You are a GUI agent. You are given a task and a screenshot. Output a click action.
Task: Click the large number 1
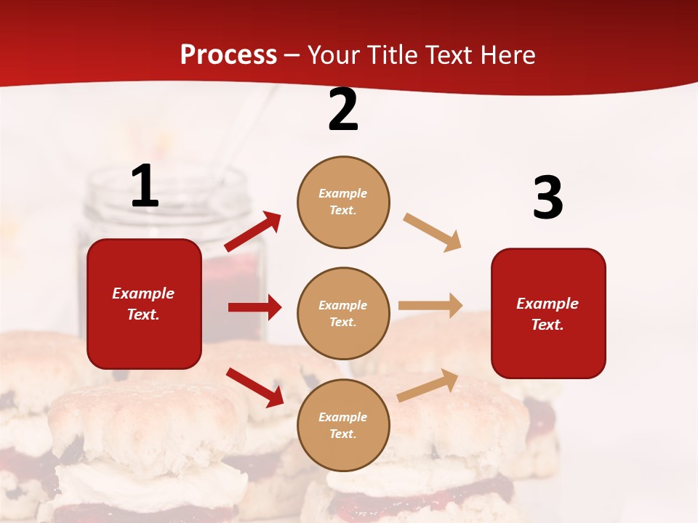(145, 187)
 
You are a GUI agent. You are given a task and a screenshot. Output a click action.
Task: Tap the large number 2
(343, 110)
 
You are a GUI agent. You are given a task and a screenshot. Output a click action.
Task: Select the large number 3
(547, 198)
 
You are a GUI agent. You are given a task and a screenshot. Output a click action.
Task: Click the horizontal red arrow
(254, 307)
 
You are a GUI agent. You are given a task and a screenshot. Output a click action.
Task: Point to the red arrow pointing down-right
(254, 386)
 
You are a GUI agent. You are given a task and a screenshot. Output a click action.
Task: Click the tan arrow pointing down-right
(432, 232)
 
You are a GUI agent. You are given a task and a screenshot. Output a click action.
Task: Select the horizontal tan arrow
(430, 305)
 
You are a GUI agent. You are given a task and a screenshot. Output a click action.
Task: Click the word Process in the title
(228, 54)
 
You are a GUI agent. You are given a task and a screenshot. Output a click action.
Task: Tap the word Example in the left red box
(143, 293)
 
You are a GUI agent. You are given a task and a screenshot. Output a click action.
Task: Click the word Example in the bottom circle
(343, 417)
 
